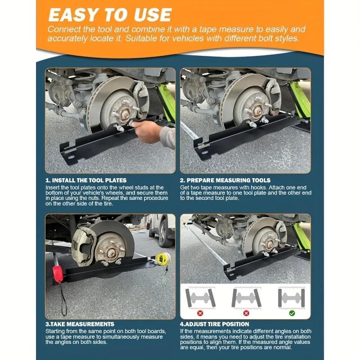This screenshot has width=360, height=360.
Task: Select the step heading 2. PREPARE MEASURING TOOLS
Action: [225, 180]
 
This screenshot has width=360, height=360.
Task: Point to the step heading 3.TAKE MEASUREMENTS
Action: [80, 324]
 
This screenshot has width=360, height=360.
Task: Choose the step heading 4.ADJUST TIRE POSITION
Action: [215, 324]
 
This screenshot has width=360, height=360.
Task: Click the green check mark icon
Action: [292, 313]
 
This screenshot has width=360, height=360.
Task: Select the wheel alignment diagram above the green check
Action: [292, 297]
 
